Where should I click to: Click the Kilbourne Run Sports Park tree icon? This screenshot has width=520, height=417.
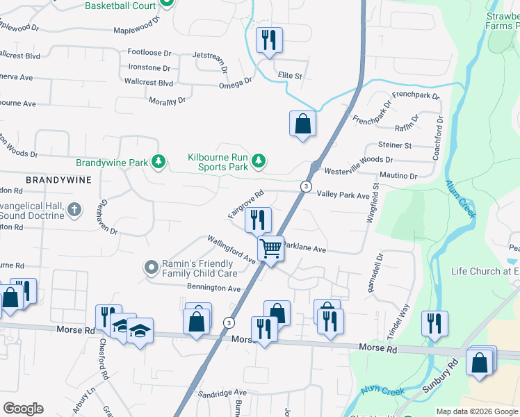259,162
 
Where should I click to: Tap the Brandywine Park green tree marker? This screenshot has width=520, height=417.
159,162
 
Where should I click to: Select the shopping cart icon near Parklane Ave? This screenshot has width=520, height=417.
270,247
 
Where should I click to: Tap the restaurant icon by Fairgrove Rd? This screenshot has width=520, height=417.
257,220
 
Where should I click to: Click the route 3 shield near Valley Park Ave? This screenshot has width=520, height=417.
305,186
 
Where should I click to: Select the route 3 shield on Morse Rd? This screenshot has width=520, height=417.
229,322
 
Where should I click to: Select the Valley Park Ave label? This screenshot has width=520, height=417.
343,196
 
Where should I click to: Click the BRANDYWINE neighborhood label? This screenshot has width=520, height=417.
58,179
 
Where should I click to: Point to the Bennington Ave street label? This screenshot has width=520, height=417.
213,288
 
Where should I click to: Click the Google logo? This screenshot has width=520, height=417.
23,409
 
